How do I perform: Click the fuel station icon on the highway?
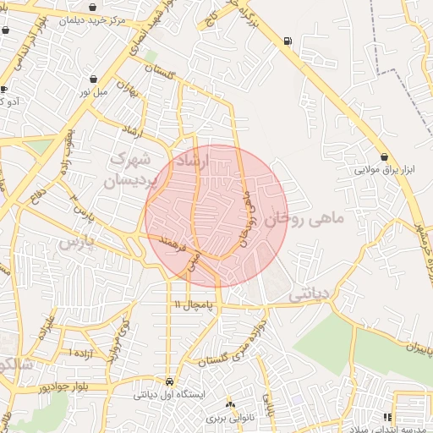(289, 41)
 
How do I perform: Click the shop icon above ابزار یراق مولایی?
(385, 156)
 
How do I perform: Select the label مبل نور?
(94, 90)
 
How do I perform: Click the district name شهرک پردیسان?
(130, 168)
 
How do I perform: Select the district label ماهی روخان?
(305, 219)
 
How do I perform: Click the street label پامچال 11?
(193, 303)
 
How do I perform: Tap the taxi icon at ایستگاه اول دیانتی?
(171, 381)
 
